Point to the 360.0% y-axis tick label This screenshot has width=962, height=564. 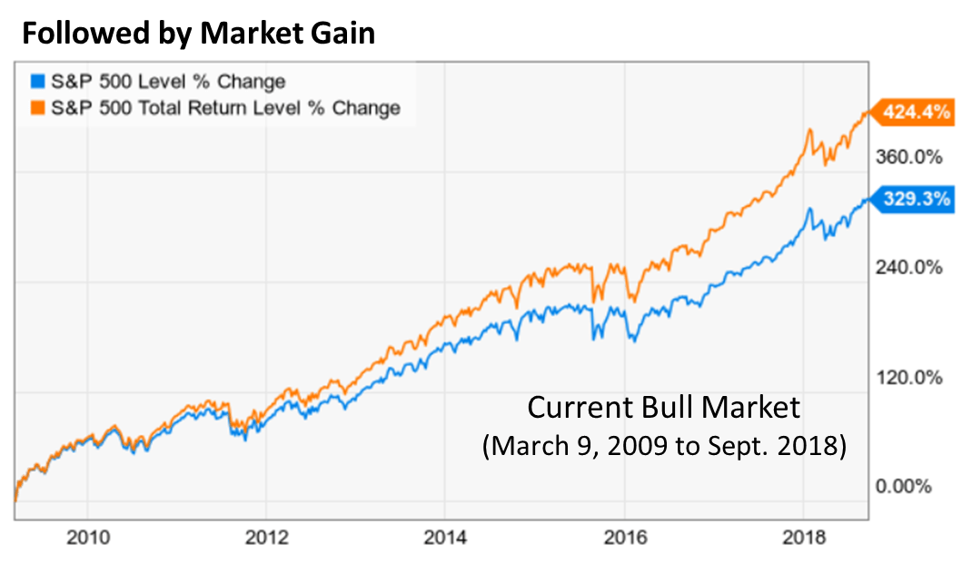click(x=903, y=157)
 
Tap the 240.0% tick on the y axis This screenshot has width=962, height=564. click(x=903, y=267)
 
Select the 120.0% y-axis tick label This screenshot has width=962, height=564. click(x=903, y=377)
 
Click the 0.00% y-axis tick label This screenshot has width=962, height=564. click(x=903, y=486)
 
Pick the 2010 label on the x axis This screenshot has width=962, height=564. click(x=88, y=538)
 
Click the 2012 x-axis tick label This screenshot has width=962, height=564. click(x=267, y=538)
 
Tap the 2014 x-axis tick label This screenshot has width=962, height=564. click(x=445, y=538)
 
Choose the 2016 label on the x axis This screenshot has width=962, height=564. click(x=625, y=538)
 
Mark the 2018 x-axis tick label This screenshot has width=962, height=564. click(x=804, y=538)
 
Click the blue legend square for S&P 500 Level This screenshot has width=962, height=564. click(x=36, y=82)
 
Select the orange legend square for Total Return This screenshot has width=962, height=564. click(x=36, y=108)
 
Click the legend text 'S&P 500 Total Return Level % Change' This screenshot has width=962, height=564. click(x=225, y=108)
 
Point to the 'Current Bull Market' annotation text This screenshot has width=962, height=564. click(x=664, y=407)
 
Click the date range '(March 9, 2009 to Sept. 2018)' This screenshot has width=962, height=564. click(x=664, y=447)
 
